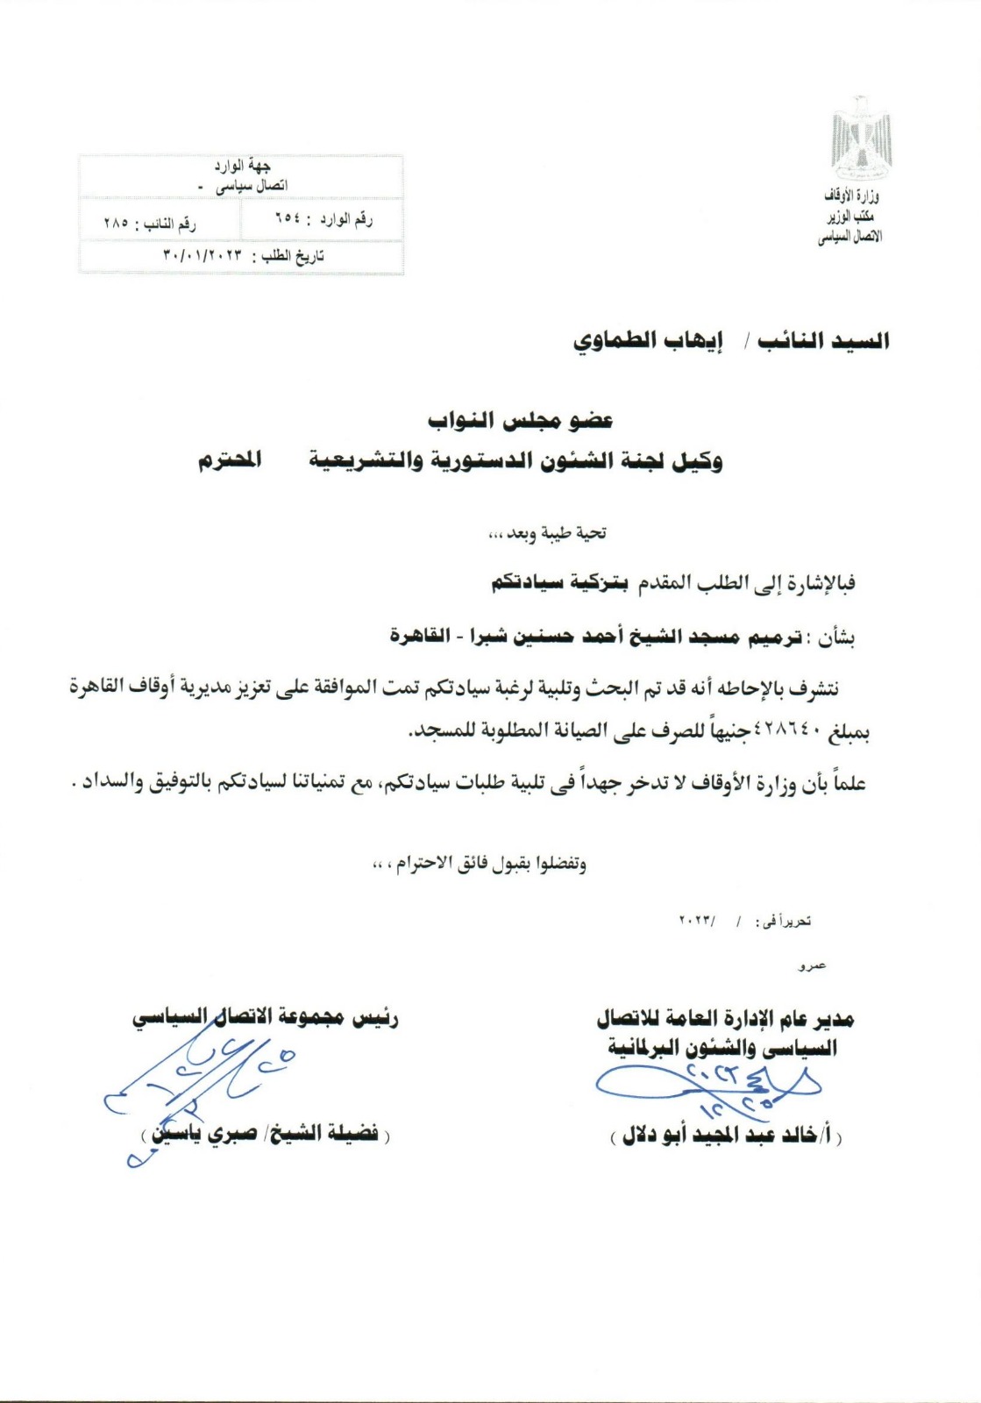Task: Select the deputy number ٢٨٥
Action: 116,224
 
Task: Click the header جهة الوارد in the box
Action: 242,166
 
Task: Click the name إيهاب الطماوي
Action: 648,341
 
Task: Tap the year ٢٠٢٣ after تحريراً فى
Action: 697,922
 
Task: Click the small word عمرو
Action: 812,966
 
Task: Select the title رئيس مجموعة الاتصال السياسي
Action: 266,1018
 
